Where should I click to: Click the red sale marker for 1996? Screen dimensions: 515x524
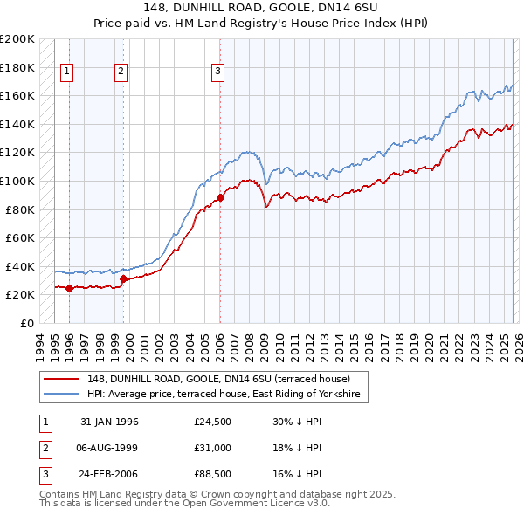69,288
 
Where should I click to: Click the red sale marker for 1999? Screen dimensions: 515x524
123,279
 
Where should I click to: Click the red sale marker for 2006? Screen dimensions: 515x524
220,197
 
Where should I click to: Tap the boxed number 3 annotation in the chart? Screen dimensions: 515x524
217,72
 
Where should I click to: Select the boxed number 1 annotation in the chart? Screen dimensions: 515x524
67,72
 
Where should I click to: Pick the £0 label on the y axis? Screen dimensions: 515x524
26,323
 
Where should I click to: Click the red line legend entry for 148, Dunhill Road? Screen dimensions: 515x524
218,379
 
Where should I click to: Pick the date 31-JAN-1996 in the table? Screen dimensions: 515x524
109,422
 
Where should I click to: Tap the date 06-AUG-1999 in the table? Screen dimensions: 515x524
109,449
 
